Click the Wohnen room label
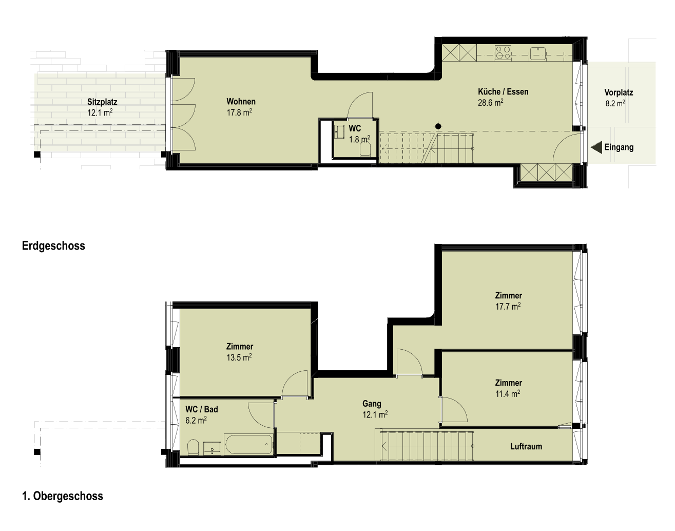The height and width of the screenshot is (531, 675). [241, 101]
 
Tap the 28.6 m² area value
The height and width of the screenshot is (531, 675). [491, 102]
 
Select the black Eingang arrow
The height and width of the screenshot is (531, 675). [596, 147]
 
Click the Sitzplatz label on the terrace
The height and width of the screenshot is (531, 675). [102, 102]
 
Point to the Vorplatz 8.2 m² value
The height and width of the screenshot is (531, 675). [615, 103]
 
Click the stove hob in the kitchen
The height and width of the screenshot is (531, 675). [503, 53]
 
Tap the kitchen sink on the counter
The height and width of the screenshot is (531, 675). [538, 53]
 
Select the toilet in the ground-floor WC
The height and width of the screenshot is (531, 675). [365, 149]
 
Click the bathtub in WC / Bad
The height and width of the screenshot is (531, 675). [248, 444]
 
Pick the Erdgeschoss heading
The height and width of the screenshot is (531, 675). [53, 245]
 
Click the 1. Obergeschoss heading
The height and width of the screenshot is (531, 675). [63, 496]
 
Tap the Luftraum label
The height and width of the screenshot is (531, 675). [526, 446]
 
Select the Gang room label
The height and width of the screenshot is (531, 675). [372, 404]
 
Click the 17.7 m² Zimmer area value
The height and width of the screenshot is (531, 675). [508, 306]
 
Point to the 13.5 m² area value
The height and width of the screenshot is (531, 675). [239, 357]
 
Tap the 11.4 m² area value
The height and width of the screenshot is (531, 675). [508, 393]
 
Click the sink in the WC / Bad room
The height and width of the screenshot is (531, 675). [212, 448]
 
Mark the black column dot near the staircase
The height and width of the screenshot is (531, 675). [438, 126]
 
